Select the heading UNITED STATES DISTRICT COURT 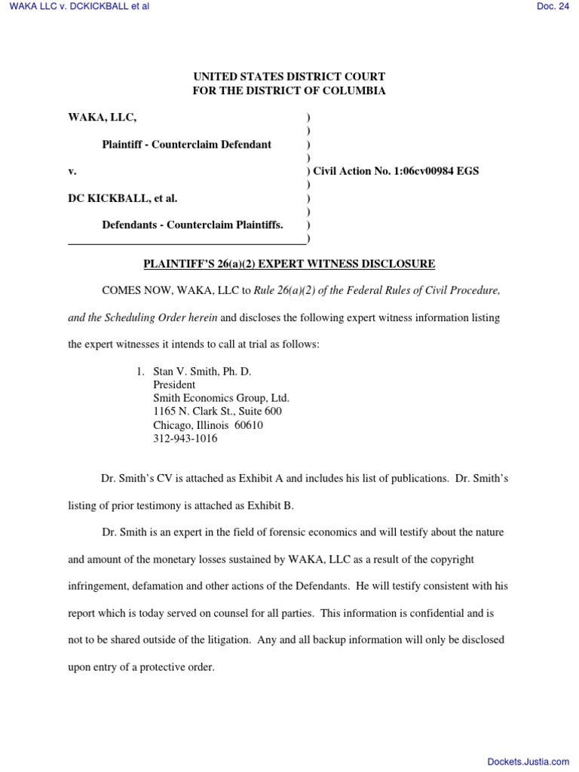click(x=289, y=77)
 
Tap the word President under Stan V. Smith click(x=174, y=384)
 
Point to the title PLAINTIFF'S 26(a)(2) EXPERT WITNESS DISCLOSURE click(x=289, y=264)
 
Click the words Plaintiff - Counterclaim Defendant click(x=187, y=144)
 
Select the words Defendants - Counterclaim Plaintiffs click(x=193, y=225)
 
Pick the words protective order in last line click(x=182, y=667)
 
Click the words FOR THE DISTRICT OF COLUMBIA click(x=289, y=91)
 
